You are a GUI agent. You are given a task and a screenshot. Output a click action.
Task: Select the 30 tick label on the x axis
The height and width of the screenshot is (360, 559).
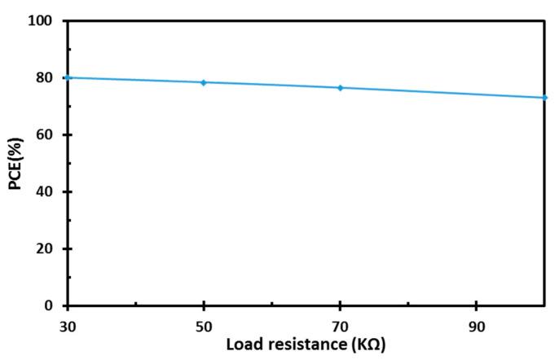coord(68,326)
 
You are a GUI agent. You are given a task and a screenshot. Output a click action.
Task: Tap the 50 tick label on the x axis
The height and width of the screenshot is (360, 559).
coord(204,326)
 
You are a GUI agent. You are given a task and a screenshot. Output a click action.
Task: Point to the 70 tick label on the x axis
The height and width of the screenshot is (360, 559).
coord(340,326)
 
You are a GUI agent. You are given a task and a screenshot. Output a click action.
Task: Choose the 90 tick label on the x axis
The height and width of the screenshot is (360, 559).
coord(477,326)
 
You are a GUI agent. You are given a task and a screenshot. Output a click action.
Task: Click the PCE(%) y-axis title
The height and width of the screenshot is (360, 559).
coord(15,163)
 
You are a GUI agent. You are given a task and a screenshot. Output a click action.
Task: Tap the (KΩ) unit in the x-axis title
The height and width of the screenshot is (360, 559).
coord(368,345)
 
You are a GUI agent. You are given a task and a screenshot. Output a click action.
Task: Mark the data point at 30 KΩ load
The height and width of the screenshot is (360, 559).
coord(68,77)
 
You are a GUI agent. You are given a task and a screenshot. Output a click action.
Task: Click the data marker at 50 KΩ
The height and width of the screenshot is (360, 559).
coord(204,82)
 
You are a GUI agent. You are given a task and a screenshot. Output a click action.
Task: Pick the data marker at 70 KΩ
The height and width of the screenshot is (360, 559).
coord(340,87)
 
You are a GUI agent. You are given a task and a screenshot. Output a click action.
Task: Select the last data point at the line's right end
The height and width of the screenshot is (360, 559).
coord(544,98)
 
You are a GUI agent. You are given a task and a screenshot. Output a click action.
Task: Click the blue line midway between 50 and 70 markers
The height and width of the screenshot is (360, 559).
coord(272,85)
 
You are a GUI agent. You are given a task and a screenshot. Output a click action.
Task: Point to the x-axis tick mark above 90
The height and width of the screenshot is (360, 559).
coord(477,302)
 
